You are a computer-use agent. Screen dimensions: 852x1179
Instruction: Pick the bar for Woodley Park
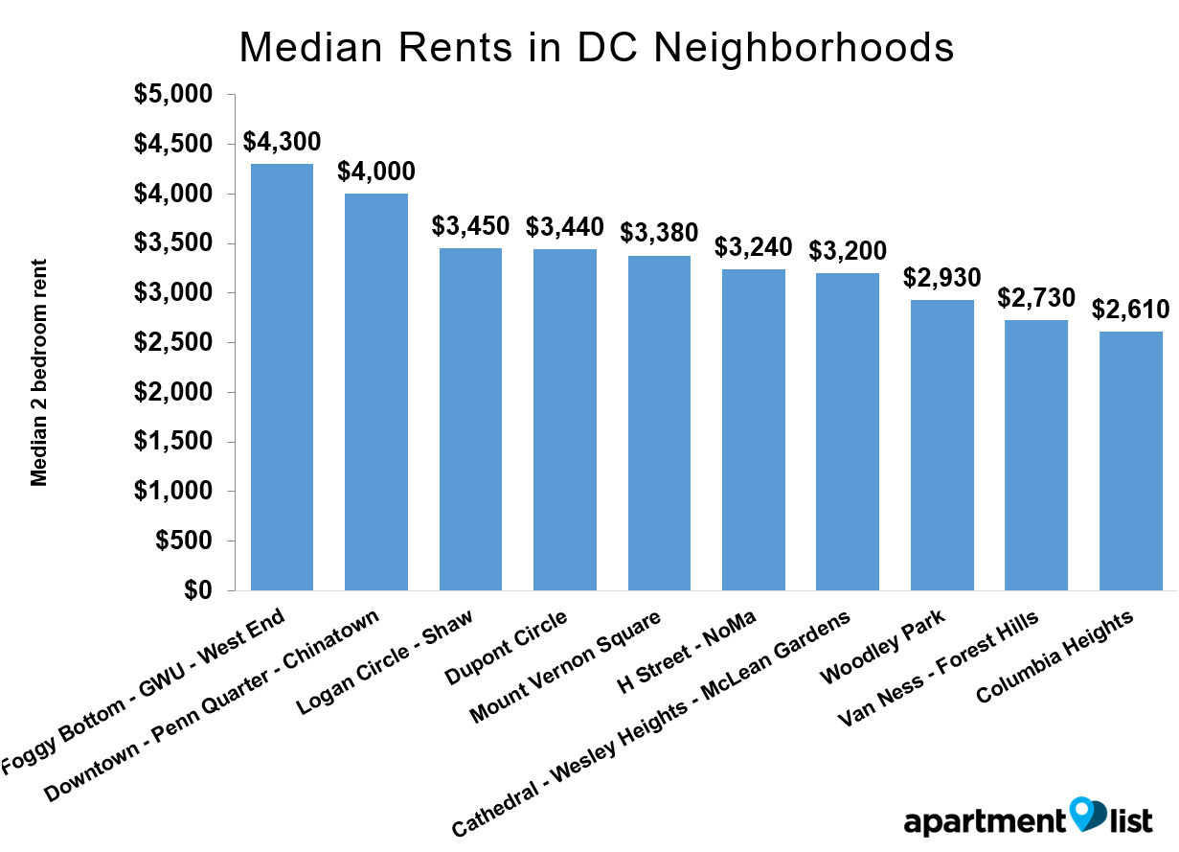pos(942,445)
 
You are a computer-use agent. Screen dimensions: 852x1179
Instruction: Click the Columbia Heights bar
pos(1131,460)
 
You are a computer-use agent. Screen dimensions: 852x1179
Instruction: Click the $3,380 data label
pos(659,233)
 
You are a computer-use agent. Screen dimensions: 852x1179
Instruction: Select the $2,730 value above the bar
pos(1036,297)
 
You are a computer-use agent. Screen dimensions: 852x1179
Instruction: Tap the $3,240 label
pos(754,246)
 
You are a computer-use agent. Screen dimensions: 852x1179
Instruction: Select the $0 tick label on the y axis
pos(195,590)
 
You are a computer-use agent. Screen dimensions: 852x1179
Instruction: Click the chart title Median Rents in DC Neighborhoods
pos(596,47)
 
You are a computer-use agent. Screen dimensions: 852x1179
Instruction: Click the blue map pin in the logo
pos(1086,814)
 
